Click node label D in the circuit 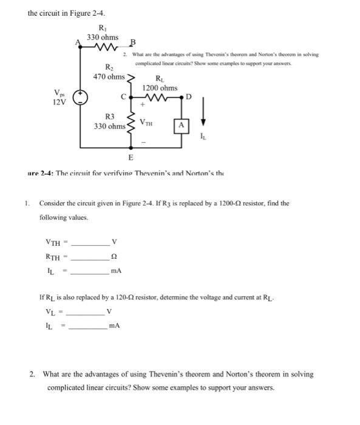tap(188, 97)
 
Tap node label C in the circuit tap(123, 96)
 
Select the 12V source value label tap(59, 102)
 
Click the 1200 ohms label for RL tap(160, 89)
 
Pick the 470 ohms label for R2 tap(109, 77)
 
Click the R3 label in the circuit tap(110, 117)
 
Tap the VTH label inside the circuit tap(147, 122)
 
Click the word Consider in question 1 tap(53, 203)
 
